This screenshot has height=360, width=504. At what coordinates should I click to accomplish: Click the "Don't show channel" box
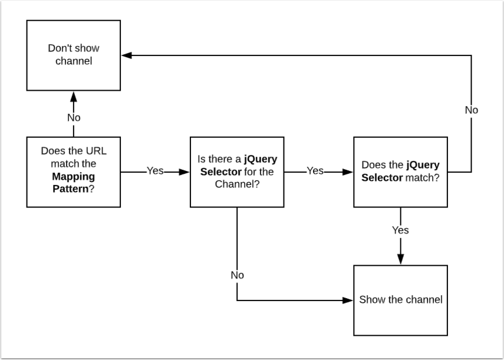pos(74,55)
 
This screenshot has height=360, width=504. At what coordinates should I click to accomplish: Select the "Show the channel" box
pos(400,300)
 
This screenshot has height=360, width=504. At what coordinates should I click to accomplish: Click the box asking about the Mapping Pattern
pos(74,171)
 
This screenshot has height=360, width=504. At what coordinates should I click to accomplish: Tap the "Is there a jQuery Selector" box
pos(237,171)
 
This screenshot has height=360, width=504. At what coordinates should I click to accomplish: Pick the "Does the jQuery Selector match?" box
pos(400,171)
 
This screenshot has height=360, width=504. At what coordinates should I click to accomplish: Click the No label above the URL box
pos(74,117)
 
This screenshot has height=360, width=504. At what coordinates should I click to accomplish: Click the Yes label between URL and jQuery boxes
pos(155,171)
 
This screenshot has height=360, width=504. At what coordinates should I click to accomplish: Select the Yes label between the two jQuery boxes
pos(315,171)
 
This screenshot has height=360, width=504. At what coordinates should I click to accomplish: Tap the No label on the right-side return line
pos(471,110)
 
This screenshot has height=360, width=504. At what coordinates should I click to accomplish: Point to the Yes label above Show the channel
pos(400,230)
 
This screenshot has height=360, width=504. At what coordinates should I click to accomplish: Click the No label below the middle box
pos(237,275)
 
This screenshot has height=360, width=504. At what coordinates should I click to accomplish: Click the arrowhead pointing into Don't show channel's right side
pos(126,55)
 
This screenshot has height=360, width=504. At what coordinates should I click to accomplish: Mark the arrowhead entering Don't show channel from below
pos(74,95)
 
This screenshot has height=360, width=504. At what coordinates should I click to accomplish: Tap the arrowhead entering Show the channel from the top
pos(400,260)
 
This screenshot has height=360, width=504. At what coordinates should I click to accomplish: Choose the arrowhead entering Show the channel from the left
pos(348,300)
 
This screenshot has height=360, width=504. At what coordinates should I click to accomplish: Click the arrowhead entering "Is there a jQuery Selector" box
pos(185,171)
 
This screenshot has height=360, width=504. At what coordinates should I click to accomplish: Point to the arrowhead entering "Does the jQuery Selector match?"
pos(348,171)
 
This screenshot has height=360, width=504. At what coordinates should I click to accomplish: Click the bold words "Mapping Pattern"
pos(74,182)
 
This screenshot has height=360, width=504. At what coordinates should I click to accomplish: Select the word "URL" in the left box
pos(95,150)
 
